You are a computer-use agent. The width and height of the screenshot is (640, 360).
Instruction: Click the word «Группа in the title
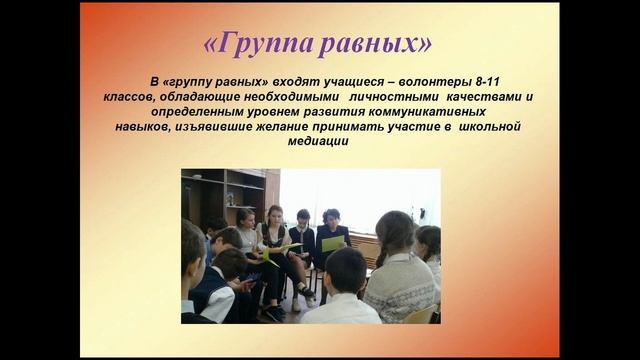259,45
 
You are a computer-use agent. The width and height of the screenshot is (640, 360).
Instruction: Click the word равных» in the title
380,45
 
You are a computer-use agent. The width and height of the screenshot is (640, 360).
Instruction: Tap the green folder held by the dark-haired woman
333,243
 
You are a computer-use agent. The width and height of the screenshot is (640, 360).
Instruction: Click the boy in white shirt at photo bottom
341,295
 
